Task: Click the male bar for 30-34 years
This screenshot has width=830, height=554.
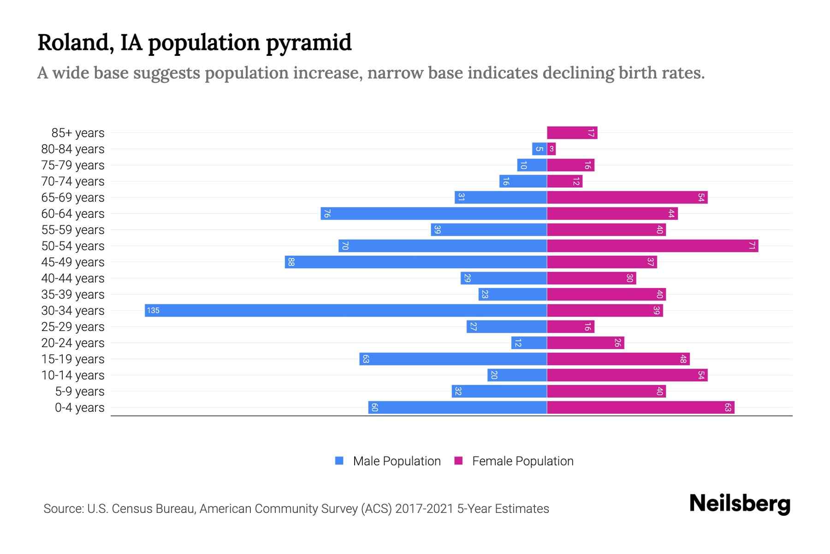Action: (x=346, y=310)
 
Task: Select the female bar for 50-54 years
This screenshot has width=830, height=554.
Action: (x=652, y=246)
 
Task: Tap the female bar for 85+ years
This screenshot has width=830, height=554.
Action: (x=572, y=132)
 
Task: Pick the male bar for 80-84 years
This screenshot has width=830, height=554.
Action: (x=539, y=149)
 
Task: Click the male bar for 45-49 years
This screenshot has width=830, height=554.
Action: (x=415, y=262)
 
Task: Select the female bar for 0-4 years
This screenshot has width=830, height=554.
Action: (x=640, y=407)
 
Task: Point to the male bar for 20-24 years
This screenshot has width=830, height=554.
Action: (x=529, y=343)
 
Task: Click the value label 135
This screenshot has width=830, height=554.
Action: (x=153, y=311)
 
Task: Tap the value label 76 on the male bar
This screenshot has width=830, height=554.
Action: (x=327, y=213)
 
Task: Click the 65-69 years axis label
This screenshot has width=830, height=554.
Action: (x=73, y=198)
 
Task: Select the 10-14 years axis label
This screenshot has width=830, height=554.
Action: (x=73, y=375)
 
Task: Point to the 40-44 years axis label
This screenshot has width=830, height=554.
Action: (x=73, y=278)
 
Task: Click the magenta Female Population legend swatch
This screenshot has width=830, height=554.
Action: (x=458, y=461)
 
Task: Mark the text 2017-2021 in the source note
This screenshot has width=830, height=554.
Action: (x=424, y=509)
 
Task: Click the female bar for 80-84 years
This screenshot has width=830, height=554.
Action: (x=551, y=149)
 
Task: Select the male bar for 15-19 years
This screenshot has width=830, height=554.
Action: (x=453, y=359)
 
